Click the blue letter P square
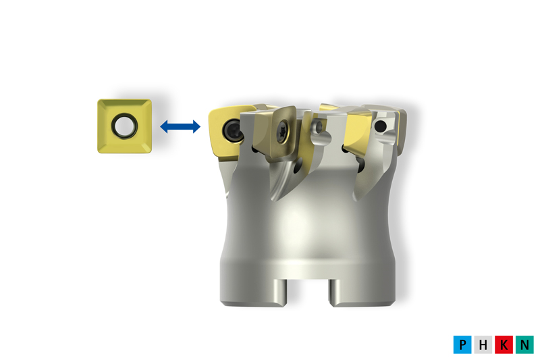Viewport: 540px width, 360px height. click(x=462, y=344)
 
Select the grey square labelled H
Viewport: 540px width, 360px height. click(x=483, y=344)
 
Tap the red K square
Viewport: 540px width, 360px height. click(x=504, y=344)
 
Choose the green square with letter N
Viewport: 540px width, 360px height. click(x=524, y=344)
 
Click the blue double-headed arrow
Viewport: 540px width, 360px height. click(x=180, y=126)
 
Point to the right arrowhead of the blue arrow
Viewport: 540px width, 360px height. click(x=196, y=126)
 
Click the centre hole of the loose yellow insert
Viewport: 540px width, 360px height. click(x=124, y=126)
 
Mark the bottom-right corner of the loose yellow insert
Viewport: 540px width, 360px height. click(x=150, y=151)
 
